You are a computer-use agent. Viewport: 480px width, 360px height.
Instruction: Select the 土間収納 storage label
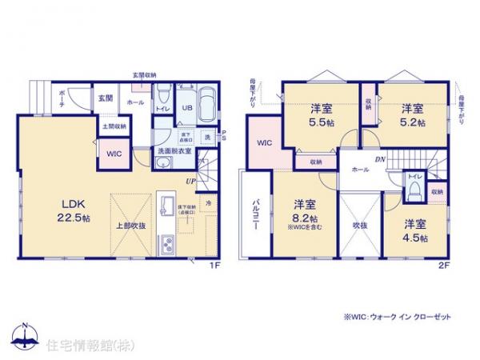(x=112, y=126)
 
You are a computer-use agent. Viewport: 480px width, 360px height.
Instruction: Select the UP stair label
(x=190, y=182)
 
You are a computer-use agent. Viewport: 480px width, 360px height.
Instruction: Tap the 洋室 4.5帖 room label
(x=414, y=230)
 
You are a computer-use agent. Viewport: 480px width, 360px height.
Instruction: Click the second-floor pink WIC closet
(x=266, y=143)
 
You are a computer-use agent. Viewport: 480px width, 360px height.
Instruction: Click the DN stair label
(x=381, y=159)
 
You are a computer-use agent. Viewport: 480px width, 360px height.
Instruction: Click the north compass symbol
(x=25, y=337)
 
